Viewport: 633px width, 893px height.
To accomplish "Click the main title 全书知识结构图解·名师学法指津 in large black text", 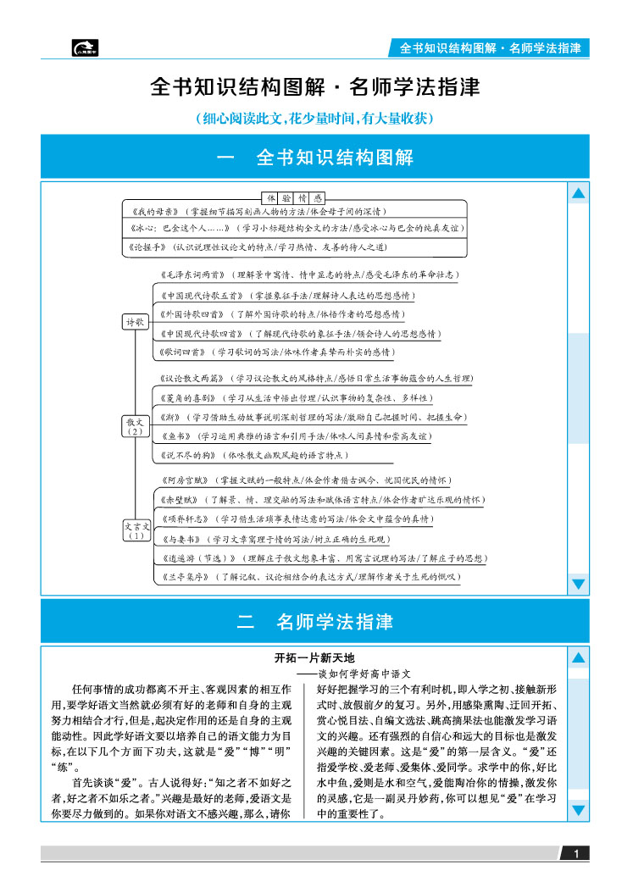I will (315, 88).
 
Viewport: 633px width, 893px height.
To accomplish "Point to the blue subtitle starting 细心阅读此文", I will (315, 118).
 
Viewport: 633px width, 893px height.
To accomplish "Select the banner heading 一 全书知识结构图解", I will (315, 158).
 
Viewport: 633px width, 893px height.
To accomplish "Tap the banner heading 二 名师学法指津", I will (315, 622).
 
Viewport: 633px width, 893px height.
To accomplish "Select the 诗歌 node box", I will (136, 322).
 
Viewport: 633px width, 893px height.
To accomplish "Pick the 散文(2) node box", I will (136, 425).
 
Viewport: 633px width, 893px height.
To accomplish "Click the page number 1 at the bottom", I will (576, 853).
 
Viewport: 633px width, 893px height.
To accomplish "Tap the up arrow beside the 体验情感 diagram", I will (579, 194).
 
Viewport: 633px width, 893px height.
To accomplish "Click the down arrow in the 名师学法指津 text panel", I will (579, 811).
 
